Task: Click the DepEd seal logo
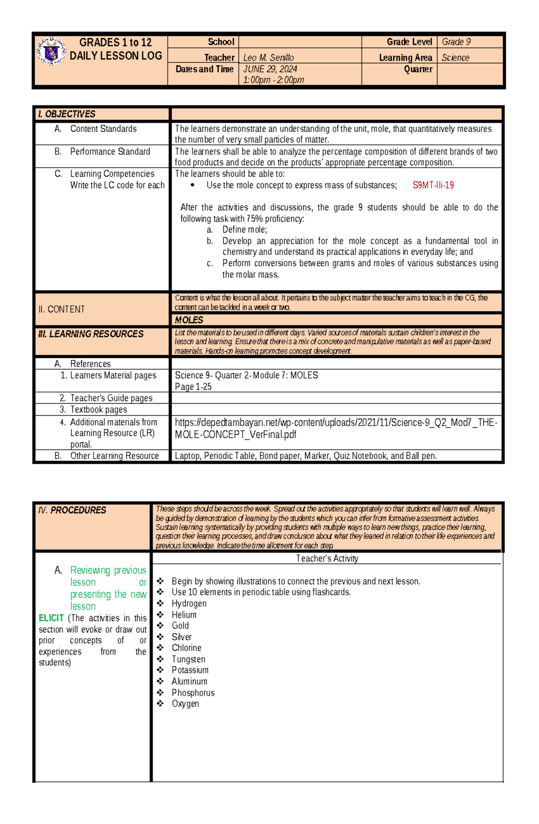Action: click(51, 52)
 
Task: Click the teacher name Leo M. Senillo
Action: click(268, 57)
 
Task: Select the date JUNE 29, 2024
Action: click(270, 69)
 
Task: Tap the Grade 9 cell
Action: click(456, 42)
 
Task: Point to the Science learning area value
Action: click(455, 57)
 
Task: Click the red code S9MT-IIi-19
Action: click(433, 185)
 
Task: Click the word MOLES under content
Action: click(189, 320)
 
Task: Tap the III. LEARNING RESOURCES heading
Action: click(91, 334)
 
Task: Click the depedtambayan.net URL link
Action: click(336, 428)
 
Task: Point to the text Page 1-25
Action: click(193, 387)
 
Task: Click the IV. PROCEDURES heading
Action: click(72, 510)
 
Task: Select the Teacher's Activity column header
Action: click(327, 558)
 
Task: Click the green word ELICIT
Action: click(51, 618)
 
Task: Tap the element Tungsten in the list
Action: click(188, 659)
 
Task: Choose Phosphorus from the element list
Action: click(193, 692)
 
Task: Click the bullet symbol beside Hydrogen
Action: click(160, 603)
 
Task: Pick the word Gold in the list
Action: click(180, 626)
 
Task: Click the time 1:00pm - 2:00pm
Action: click(273, 80)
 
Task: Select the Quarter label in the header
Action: click(418, 69)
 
